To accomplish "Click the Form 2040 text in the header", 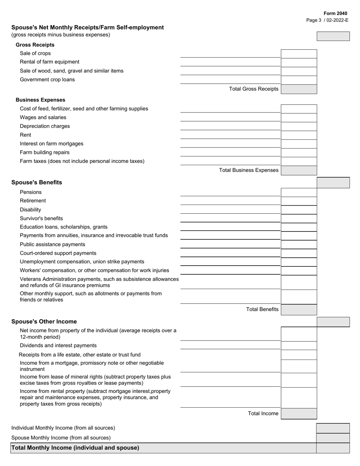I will (x=335, y=13).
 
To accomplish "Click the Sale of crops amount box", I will (x=299, y=54).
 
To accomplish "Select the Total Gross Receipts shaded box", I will (x=299, y=89).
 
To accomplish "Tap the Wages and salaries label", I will (x=43, y=117).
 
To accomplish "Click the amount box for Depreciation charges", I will (x=299, y=126).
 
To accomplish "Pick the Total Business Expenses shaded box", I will (x=299, y=170).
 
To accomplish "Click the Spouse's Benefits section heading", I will (x=37, y=182).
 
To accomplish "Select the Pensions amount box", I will (x=299, y=192).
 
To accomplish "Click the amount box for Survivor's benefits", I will (x=299, y=219).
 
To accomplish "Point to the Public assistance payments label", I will (x=52, y=244).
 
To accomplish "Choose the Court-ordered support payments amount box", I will (x=299, y=253).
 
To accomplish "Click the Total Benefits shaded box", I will (x=299, y=310).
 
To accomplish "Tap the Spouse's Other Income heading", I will (x=44, y=321).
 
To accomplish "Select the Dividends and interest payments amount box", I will (x=299, y=346).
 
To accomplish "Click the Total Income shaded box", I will (x=299, y=414).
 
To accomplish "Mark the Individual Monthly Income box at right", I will (x=333, y=428).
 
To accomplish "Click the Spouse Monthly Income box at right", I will (x=333, y=438).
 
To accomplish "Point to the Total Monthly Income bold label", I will (x=75, y=448).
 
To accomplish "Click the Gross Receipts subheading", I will (x=35, y=45).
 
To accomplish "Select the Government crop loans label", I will (x=47, y=80).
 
